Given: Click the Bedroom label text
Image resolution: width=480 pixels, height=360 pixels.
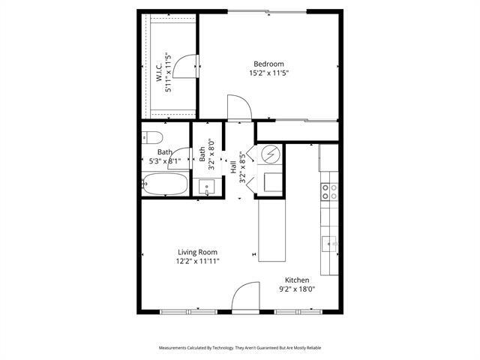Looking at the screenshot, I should pos(268,64).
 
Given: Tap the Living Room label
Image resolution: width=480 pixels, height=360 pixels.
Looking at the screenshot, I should pos(197,252).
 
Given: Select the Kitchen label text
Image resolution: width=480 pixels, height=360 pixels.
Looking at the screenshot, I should pos(296,279).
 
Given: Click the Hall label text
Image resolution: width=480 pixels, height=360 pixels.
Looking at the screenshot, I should pos(233,166).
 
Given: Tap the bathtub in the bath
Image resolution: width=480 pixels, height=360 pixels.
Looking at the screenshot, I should pos(164,184).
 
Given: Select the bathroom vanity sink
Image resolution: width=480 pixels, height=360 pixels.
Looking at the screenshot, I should pos(206,187).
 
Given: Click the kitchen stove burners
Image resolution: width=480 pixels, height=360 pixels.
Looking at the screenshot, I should pos(328,191).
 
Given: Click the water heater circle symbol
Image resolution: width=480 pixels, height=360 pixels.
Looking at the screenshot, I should pos(270,156).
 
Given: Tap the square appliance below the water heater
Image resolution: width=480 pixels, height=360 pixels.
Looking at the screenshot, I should pos(271,181).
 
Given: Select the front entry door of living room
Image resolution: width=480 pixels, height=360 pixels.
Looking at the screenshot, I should pos(245,299).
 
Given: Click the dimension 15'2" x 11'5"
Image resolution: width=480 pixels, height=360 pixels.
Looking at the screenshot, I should pos(268,73).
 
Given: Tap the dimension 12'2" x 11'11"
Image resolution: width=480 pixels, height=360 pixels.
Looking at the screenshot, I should pos(197,262).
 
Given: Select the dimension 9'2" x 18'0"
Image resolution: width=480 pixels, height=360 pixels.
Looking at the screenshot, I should pos(296,289).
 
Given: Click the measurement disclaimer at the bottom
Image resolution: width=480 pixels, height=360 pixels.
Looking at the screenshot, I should pos(239,348).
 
